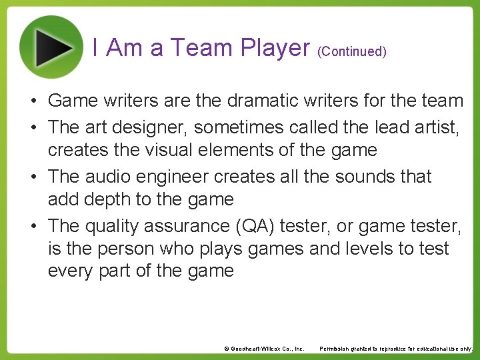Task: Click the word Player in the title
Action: [x=275, y=48]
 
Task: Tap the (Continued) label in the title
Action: [x=352, y=51]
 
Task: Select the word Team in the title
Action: [x=200, y=48]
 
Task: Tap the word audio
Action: [x=110, y=177]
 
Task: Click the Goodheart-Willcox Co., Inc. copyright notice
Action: [x=264, y=349]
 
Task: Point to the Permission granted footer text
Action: [x=396, y=349]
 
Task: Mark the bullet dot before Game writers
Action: [x=33, y=101]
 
